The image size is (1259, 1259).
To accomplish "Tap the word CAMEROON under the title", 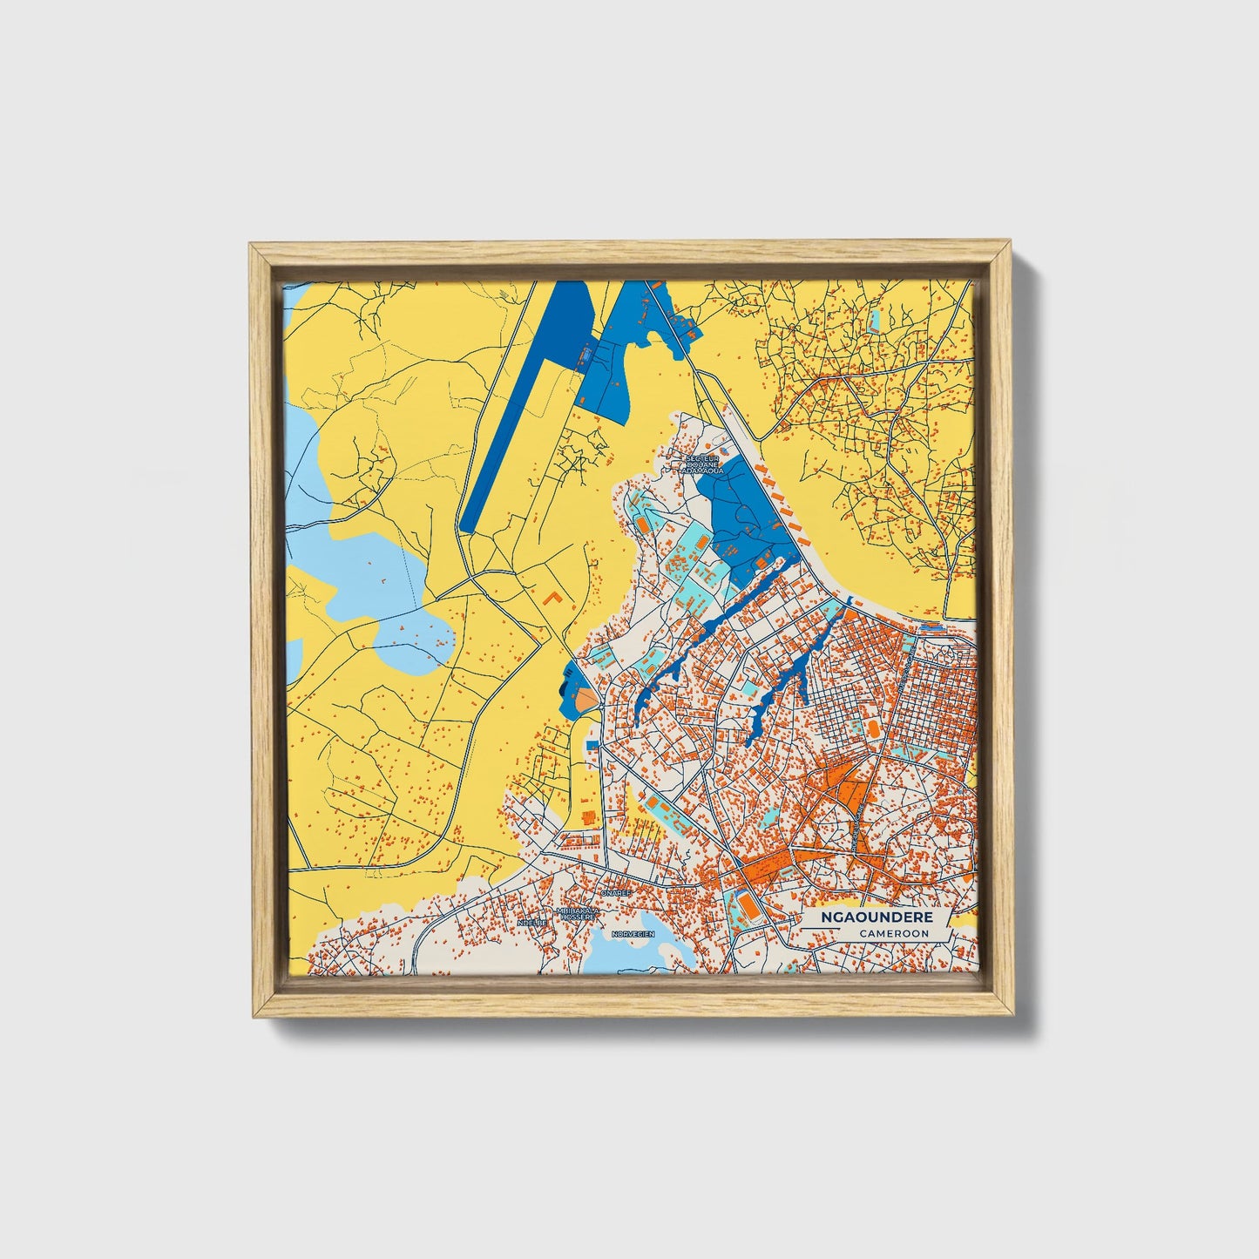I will (x=892, y=933).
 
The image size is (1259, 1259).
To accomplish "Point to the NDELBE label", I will (x=531, y=921).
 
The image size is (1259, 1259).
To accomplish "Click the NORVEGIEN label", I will (x=633, y=933).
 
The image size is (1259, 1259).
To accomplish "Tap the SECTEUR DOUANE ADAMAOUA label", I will (x=704, y=464).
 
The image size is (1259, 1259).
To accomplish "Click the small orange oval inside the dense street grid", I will (x=872, y=727).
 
